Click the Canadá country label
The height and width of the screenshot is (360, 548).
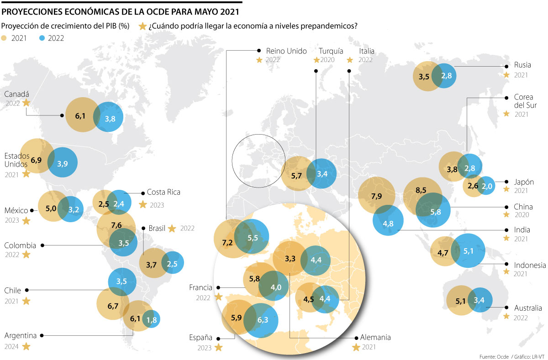pyautogui.click(x=16, y=94)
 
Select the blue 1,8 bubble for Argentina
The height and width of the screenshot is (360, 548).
pyautogui.click(x=152, y=320)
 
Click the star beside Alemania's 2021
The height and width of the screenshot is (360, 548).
pyautogui.click(x=356, y=348)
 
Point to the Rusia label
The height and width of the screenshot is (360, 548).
pyautogui.click(x=522, y=65)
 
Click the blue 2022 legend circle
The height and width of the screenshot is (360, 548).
pyautogui.click(x=42, y=38)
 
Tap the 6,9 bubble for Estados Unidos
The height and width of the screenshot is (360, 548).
pyautogui.click(x=37, y=160)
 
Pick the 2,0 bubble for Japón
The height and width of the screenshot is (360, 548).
pyautogui.click(x=487, y=186)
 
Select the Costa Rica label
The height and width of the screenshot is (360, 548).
pyautogui.click(x=163, y=192)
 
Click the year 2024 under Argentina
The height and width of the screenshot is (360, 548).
pyautogui.click(x=11, y=347)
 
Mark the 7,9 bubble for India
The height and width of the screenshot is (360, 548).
pyautogui.click(x=377, y=196)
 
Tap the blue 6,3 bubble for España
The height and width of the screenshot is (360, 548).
pyautogui.click(x=262, y=320)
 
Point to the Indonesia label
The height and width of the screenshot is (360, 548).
pyautogui.click(x=530, y=265)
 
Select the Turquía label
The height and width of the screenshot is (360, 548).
pyautogui.click(x=331, y=51)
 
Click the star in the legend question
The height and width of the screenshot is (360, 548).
pyautogui.click(x=143, y=26)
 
